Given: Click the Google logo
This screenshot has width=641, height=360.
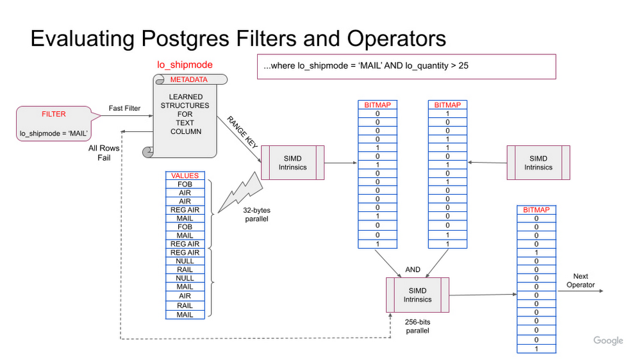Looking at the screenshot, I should coord(608,341).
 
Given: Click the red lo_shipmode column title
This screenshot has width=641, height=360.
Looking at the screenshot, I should coord(185,65).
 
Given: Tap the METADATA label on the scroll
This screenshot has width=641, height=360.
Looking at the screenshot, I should coord(189,79).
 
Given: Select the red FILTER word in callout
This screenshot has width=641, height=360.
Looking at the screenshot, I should coord(53,114).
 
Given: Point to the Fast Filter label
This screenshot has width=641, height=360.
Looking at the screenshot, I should coord(124,108).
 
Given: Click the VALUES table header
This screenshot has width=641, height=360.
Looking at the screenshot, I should coord(185,176).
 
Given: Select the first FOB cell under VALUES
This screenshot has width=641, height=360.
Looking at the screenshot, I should coord(185,184).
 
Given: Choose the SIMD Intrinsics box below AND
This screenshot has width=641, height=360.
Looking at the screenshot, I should coord(417,295).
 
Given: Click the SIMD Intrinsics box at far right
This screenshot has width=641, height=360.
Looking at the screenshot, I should coord(538,163).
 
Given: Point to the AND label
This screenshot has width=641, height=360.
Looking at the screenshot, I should coord(413,270).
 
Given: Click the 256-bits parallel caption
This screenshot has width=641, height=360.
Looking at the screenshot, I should coord(417,326).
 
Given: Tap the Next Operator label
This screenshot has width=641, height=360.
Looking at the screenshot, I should coord(580,281).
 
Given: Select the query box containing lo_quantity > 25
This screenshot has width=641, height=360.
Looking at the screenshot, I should coord(406,66).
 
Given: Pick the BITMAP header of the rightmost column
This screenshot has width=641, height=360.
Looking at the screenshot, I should coord(537,209).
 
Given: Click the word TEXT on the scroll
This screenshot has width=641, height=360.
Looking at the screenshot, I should coord(186,123).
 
